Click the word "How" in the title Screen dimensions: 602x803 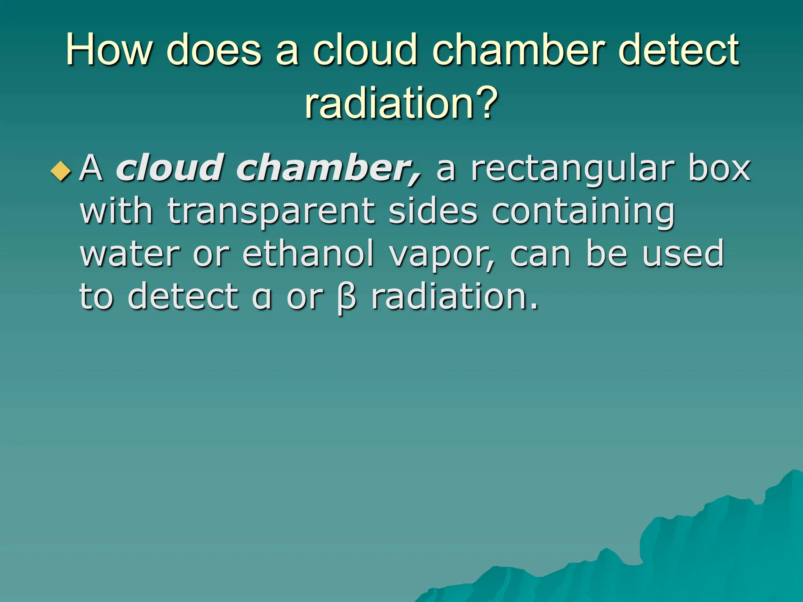[x=109, y=50]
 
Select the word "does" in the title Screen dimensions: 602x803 [x=214, y=50]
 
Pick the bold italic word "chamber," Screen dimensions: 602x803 [x=329, y=169]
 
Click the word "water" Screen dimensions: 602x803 [x=130, y=254]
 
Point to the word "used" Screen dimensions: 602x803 [x=683, y=254]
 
